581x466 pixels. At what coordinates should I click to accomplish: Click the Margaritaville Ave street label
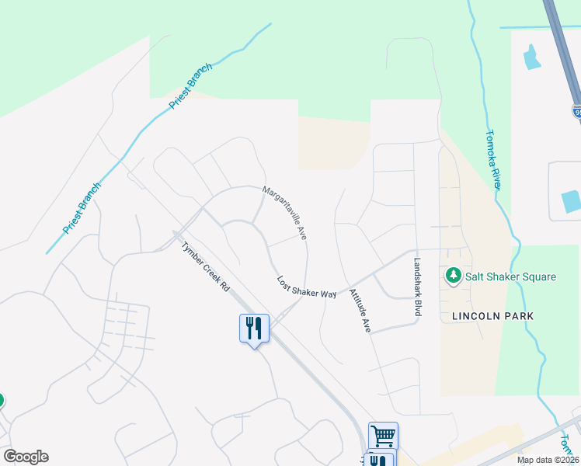click(x=285, y=212)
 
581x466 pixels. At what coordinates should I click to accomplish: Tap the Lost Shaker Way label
click(x=307, y=287)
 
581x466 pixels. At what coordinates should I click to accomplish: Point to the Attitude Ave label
click(x=360, y=311)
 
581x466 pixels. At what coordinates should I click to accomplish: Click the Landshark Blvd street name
click(x=417, y=287)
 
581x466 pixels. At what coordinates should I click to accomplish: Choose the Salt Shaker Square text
click(x=510, y=276)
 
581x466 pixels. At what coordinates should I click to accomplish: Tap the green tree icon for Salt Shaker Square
click(x=453, y=276)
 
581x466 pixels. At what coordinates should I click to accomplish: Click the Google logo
click(x=26, y=457)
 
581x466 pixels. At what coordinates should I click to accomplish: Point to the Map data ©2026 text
click(x=548, y=460)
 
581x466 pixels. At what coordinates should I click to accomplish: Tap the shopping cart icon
click(x=383, y=436)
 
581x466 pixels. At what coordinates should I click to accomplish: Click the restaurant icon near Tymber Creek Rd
click(x=253, y=329)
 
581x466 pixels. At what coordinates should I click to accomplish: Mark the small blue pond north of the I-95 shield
click(x=533, y=57)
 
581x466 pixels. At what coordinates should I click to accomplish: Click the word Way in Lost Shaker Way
click(x=329, y=294)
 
